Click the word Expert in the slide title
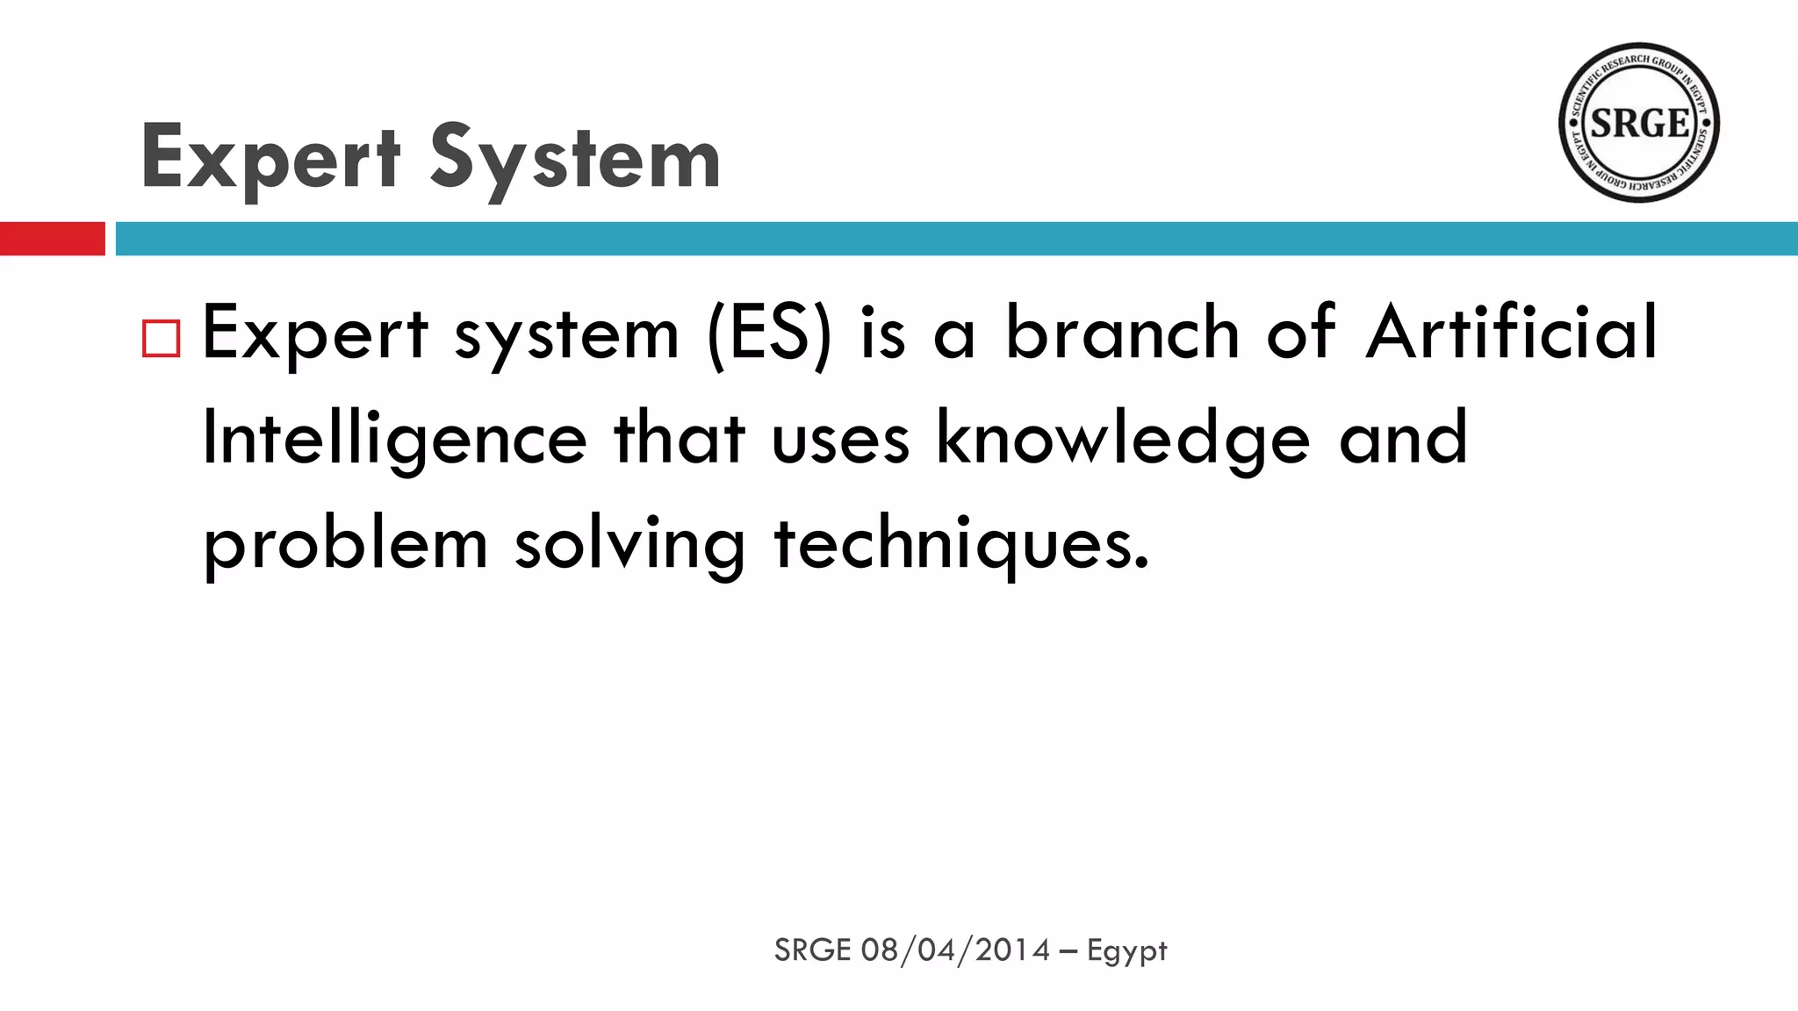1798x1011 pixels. tap(270, 159)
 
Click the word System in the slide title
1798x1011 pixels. tap(575, 159)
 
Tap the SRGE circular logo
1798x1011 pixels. tap(1638, 123)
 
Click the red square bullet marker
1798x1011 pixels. tap(161, 338)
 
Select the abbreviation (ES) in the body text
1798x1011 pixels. tap(768, 333)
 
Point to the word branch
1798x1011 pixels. tap(1122, 333)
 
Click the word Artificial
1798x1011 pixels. tap(1511, 333)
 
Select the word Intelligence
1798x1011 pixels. tap(394, 439)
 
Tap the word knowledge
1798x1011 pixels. tap(1123, 439)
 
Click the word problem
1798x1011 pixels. tap(345, 544)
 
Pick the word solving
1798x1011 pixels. tap(629, 544)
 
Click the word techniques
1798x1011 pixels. tap(960, 544)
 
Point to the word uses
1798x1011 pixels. tap(840, 439)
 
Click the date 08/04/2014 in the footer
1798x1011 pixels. tap(955, 950)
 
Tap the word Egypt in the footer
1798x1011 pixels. tap(1126, 950)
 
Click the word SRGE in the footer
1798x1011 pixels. tap(812, 950)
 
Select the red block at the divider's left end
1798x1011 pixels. tap(52, 239)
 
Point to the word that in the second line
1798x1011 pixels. tap(680, 439)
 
